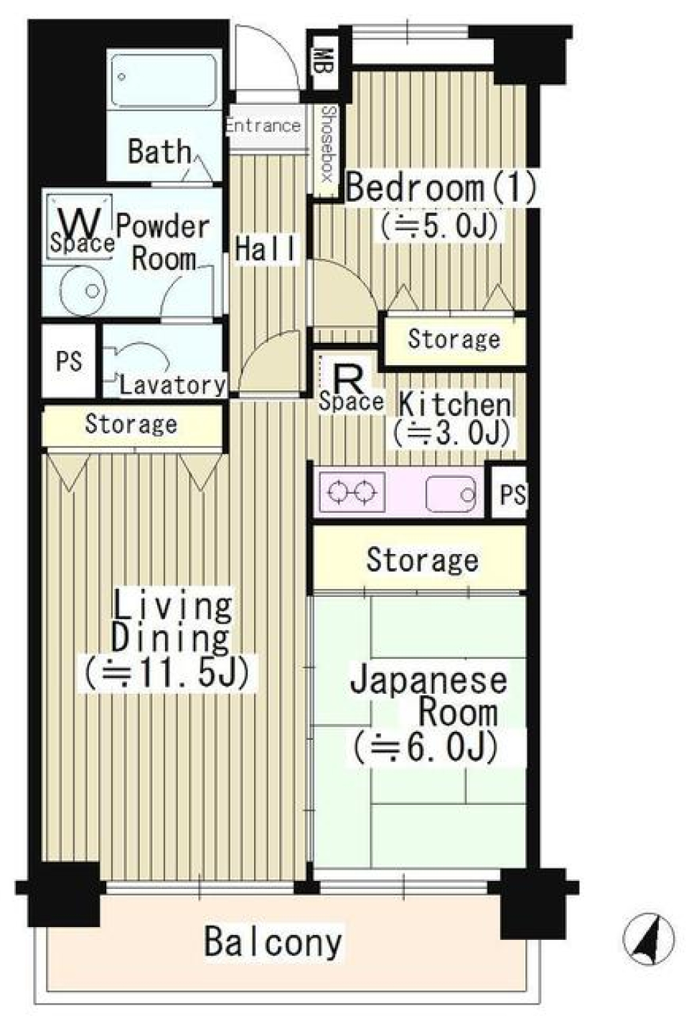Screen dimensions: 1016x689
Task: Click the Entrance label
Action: (263, 126)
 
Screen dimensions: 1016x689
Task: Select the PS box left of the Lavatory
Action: (69, 360)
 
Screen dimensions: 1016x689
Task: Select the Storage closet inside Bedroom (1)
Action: (454, 339)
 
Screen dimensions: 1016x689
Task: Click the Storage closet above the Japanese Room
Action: (422, 560)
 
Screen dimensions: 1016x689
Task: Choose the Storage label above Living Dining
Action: (131, 424)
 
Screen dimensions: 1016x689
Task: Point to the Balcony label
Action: (273, 941)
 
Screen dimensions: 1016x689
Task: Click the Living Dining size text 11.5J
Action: (167, 673)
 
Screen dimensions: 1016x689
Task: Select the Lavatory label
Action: (172, 385)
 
